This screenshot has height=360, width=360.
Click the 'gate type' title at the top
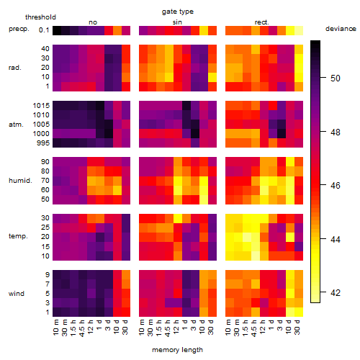pyautogui.click(x=178, y=12)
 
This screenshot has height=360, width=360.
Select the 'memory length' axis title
pyautogui.click(x=177, y=350)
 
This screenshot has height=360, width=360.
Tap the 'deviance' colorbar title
pyautogui.click(x=341, y=29)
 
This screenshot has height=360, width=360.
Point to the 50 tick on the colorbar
pyautogui.click(x=323, y=78)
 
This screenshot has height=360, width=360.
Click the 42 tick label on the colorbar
pyautogui.click(x=336, y=292)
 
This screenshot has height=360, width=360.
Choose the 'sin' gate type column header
pyautogui.click(x=177, y=22)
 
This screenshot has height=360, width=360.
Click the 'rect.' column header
pyautogui.click(x=261, y=22)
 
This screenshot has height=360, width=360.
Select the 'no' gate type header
pyautogui.click(x=93, y=22)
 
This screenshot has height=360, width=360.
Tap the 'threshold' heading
pyautogui.click(x=40, y=17)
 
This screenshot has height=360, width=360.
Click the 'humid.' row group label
pyautogui.click(x=20, y=181)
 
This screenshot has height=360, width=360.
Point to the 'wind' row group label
pyautogui.click(x=17, y=294)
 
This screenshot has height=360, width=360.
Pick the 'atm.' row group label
pyautogui.click(x=16, y=125)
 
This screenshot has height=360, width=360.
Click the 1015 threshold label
pyautogui.click(x=41, y=105)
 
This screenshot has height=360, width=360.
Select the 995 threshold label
pyautogui.click(x=43, y=143)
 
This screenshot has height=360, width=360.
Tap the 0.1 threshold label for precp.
pyautogui.click(x=44, y=30)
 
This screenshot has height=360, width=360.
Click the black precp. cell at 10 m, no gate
pyautogui.click(x=57, y=30)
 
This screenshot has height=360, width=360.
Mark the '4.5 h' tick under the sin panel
pyautogui.click(x=168, y=328)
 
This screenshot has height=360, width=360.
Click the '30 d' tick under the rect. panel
pyautogui.click(x=297, y=327)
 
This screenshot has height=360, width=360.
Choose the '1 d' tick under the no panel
pyautogui.click(x=99, y=325)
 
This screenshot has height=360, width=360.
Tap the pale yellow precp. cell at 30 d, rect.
pyautogui.click(x=299, y=30)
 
